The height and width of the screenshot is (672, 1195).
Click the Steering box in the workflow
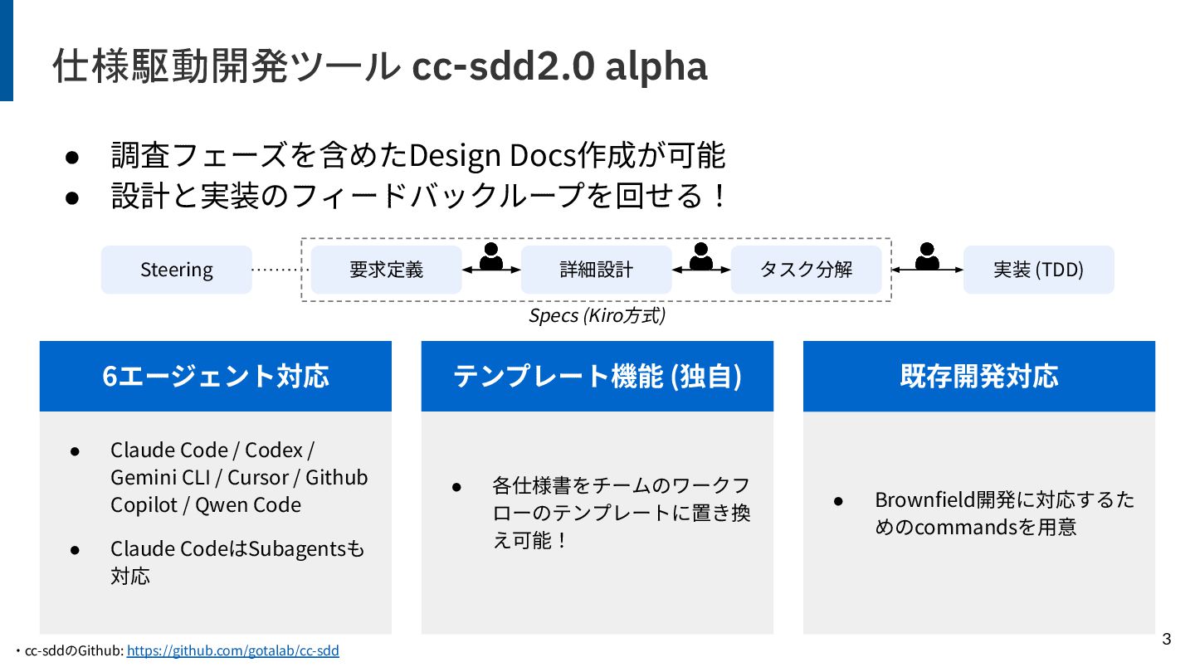(176, 270)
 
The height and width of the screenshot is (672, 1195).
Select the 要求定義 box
(386, 270)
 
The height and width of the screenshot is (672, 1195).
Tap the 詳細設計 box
(596, 270)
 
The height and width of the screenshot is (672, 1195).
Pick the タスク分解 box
(806, 270)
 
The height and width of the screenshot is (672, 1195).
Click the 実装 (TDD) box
(1038, 270)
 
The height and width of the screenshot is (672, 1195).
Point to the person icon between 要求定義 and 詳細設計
(491, 256)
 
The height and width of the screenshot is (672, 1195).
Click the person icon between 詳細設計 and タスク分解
(701, 256)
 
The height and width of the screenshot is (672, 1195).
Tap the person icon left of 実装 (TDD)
(927, 256)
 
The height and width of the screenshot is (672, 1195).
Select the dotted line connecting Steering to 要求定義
(280, 270)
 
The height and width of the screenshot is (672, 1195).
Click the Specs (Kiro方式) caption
(597, 316)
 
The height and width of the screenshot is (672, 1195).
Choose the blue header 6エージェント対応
(216, 377)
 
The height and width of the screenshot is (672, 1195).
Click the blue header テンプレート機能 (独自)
(597, 377)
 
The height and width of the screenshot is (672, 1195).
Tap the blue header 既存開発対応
(979, 377)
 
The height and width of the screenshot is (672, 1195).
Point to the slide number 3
(1166, 639)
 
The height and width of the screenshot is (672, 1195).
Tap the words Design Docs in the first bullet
(493, 155)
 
